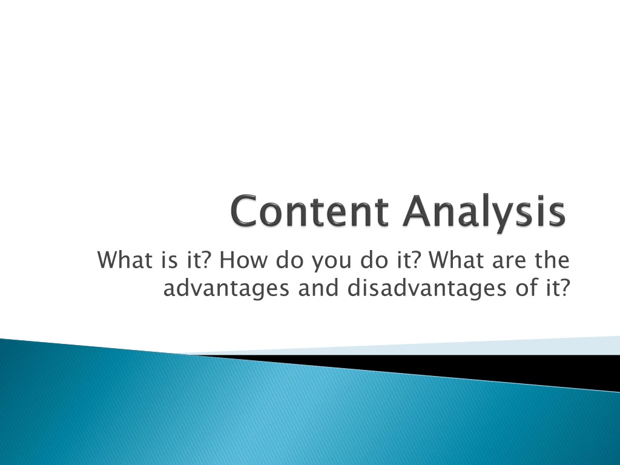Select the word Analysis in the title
[x=484, y=214]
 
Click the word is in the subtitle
[x=170, y=260]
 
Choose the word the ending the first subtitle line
[x=552, y=260]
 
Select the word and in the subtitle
[x=318, y=288]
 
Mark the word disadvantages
[x=427, y=289]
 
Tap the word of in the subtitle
[x=524, y=288]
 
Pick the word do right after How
[x=290, y=260]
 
